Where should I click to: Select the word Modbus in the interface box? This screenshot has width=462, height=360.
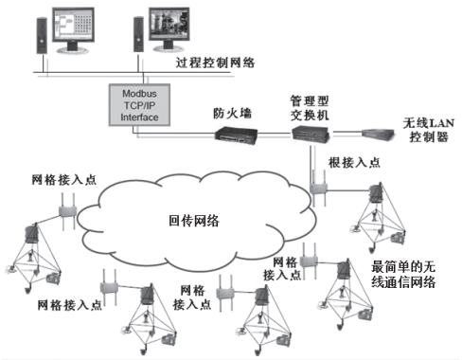coord(141,94)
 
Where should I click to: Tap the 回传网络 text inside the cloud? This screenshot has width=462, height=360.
coord(193,221)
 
